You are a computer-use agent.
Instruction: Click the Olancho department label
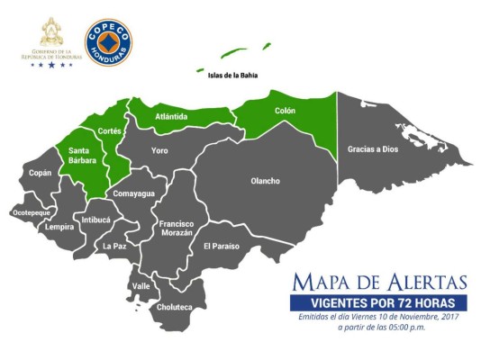pyautogui.click(x=265, y=181)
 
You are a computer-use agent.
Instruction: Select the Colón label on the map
pyautogui.click(x=285, y=111)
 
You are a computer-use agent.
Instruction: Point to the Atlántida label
pyautogui.click(x=171, y=116)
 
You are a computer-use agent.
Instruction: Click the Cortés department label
pyautogui.click(x=109, y=130)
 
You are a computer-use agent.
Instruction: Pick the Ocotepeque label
pyautogui.click(x=32, y=212)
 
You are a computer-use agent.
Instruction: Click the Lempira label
pyautogui.click(x=59, y=227)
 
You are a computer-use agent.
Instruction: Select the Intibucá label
pyautogui.click(x=95, y=219)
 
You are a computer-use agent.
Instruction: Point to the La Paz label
pyautogui.click(x=113, y=246)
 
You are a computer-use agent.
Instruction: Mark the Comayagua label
pyautogui.click(x=134, y=193)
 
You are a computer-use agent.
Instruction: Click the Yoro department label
pyautogui.click(x=159, y=150)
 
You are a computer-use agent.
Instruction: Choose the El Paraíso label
pyautogui.click(x=221, y=246)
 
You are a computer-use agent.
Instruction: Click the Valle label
pyautogui.click(x=141, y=285)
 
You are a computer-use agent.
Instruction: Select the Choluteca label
pyautogui.click(x=175, y=307)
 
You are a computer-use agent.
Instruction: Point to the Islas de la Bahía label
pyautogui.click(x=232, y=76)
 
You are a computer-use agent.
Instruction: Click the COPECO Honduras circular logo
pyautogui.click(x=109, y=41)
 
